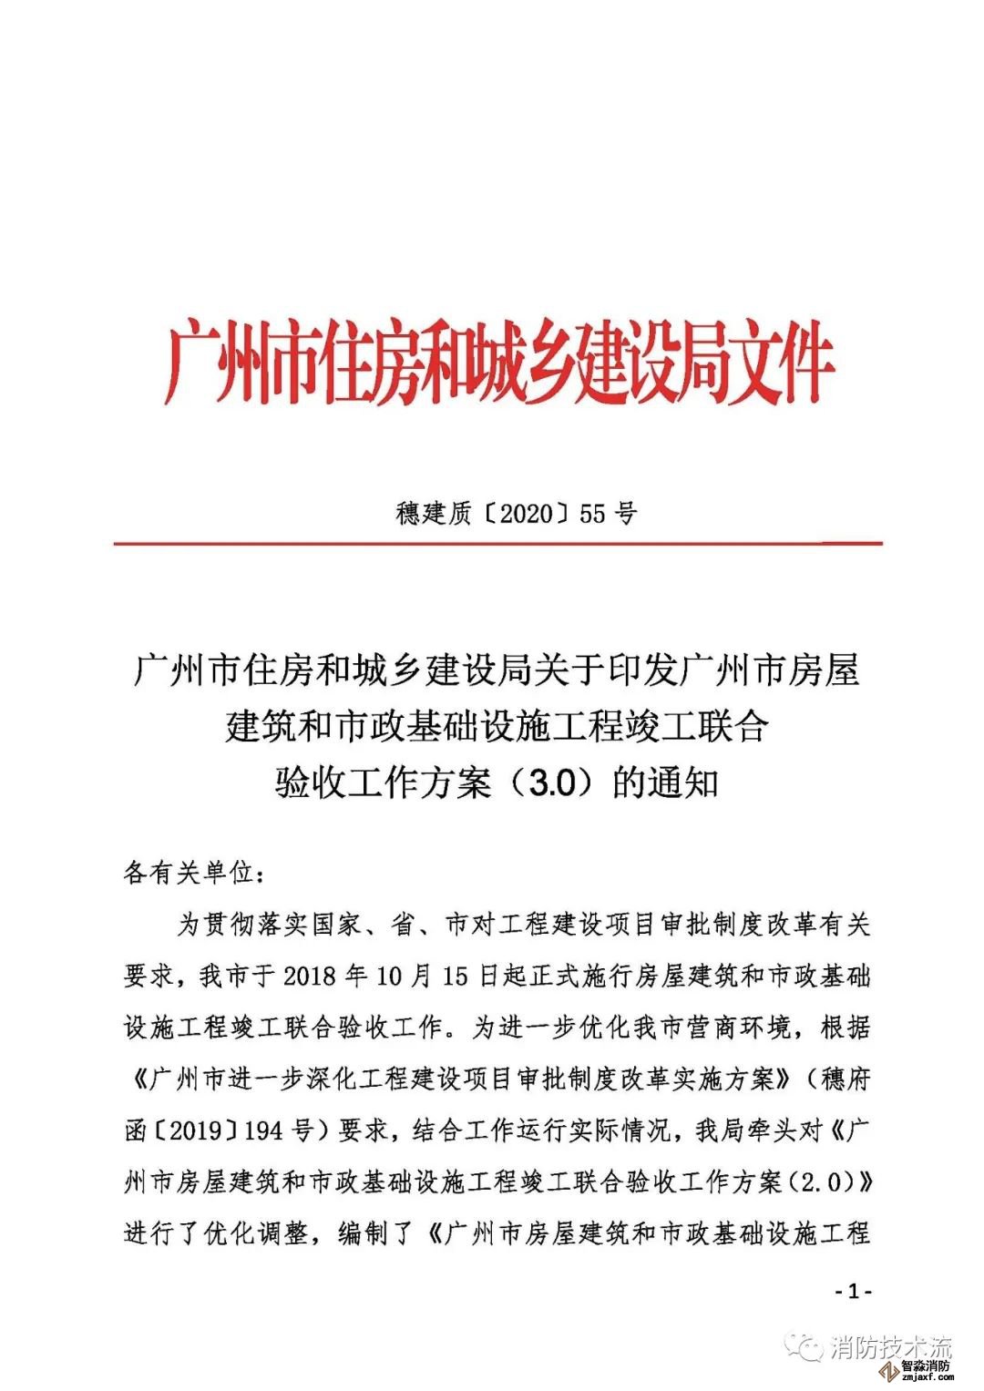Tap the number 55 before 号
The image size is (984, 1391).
point(592,514)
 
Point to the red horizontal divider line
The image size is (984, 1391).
point(497,544)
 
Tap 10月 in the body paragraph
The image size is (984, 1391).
point(401,977)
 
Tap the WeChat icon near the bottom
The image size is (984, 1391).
point(807,1346)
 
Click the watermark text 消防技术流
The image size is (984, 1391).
point(890,1346)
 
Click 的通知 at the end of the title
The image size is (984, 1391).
point(666,782)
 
